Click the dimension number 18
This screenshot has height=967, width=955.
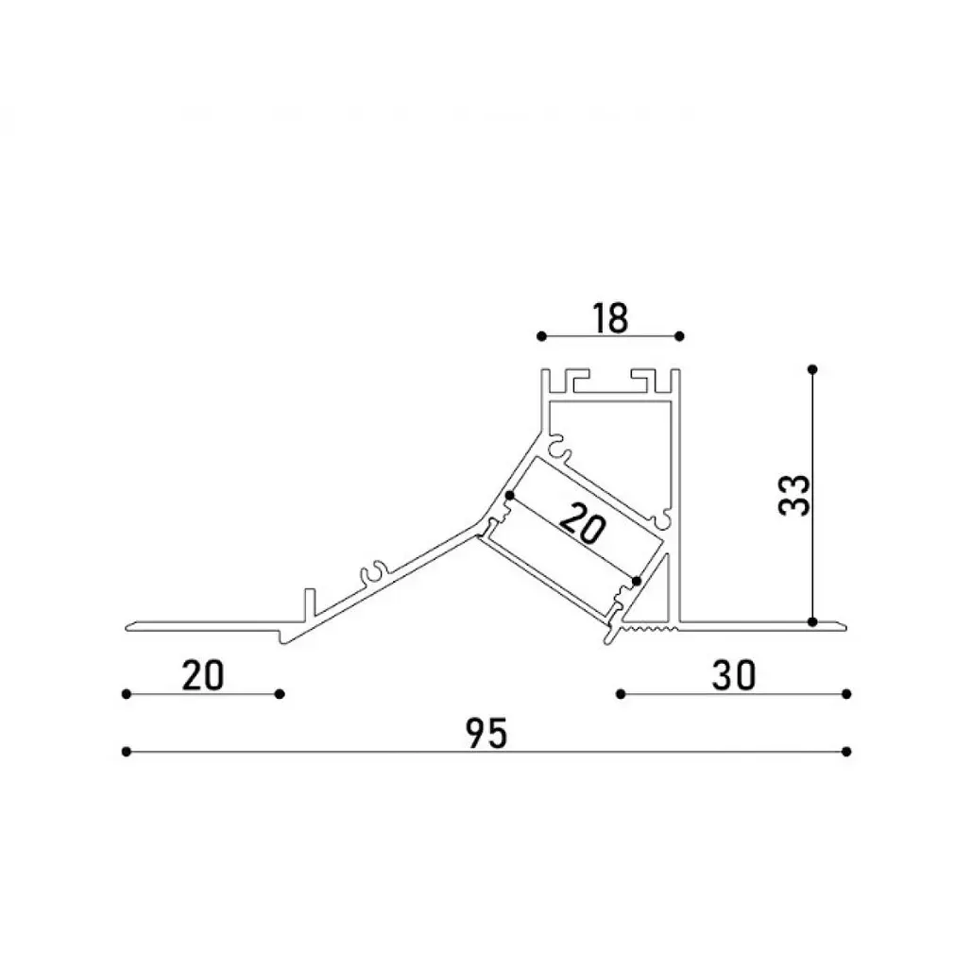point(610,318)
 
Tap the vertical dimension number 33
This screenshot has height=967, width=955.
point(794,495)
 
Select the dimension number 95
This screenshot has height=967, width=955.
point(486,733)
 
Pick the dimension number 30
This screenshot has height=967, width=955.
point(734,675)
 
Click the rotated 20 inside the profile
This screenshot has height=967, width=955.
point(583,523)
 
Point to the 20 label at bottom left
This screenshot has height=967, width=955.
point(203,676)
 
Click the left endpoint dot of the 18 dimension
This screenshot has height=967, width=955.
point(541,336)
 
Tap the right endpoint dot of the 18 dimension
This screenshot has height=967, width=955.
point(679,336)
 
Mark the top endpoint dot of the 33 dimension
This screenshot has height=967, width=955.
point(812,369)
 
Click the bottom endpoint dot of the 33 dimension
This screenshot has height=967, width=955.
point(812,621)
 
